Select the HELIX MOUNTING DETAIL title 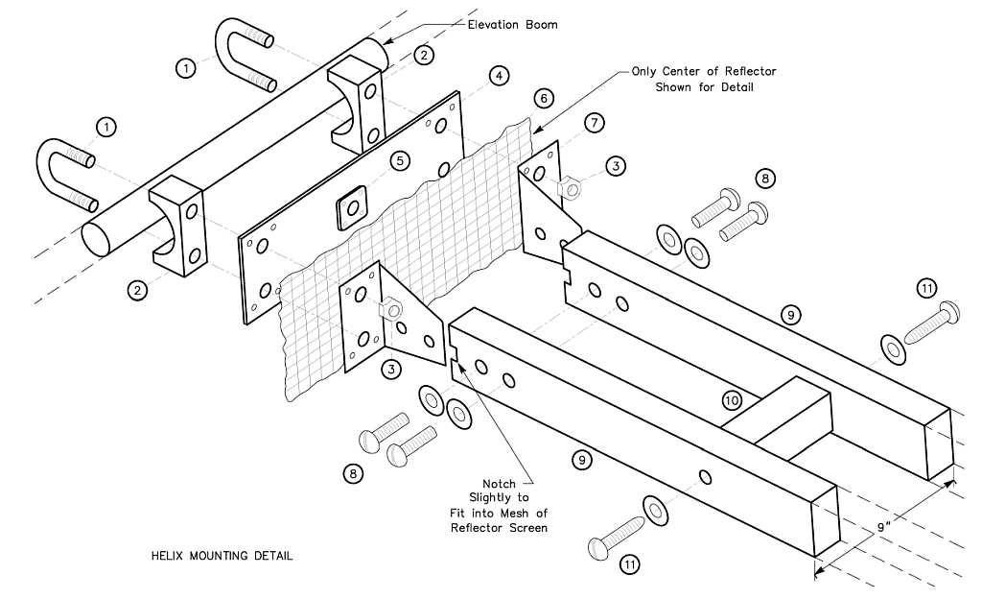click(222, 556)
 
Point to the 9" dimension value click(884, 527)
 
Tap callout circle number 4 click(497, 75)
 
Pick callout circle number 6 click(544, 98)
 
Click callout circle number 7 click(595, 123)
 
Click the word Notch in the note click(499, 484)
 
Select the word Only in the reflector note click(647, 71)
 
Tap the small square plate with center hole click(352, 205)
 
